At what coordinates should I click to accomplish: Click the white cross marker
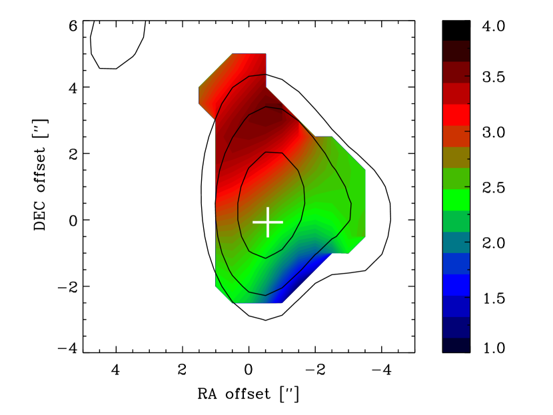(268, 222)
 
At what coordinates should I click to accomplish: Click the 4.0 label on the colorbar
(494, 27)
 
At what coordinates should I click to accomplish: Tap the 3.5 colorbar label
(494, 77)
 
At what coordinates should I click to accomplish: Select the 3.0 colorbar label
(494, 132)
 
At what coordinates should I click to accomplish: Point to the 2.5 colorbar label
(494, 188)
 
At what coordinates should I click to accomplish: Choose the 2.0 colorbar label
(494, 243)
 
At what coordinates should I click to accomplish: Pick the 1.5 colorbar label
(494, 298)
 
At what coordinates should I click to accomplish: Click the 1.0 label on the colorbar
(494, 348)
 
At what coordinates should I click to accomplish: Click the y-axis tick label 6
(73, 26)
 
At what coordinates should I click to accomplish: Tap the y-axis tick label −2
(68, 286)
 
